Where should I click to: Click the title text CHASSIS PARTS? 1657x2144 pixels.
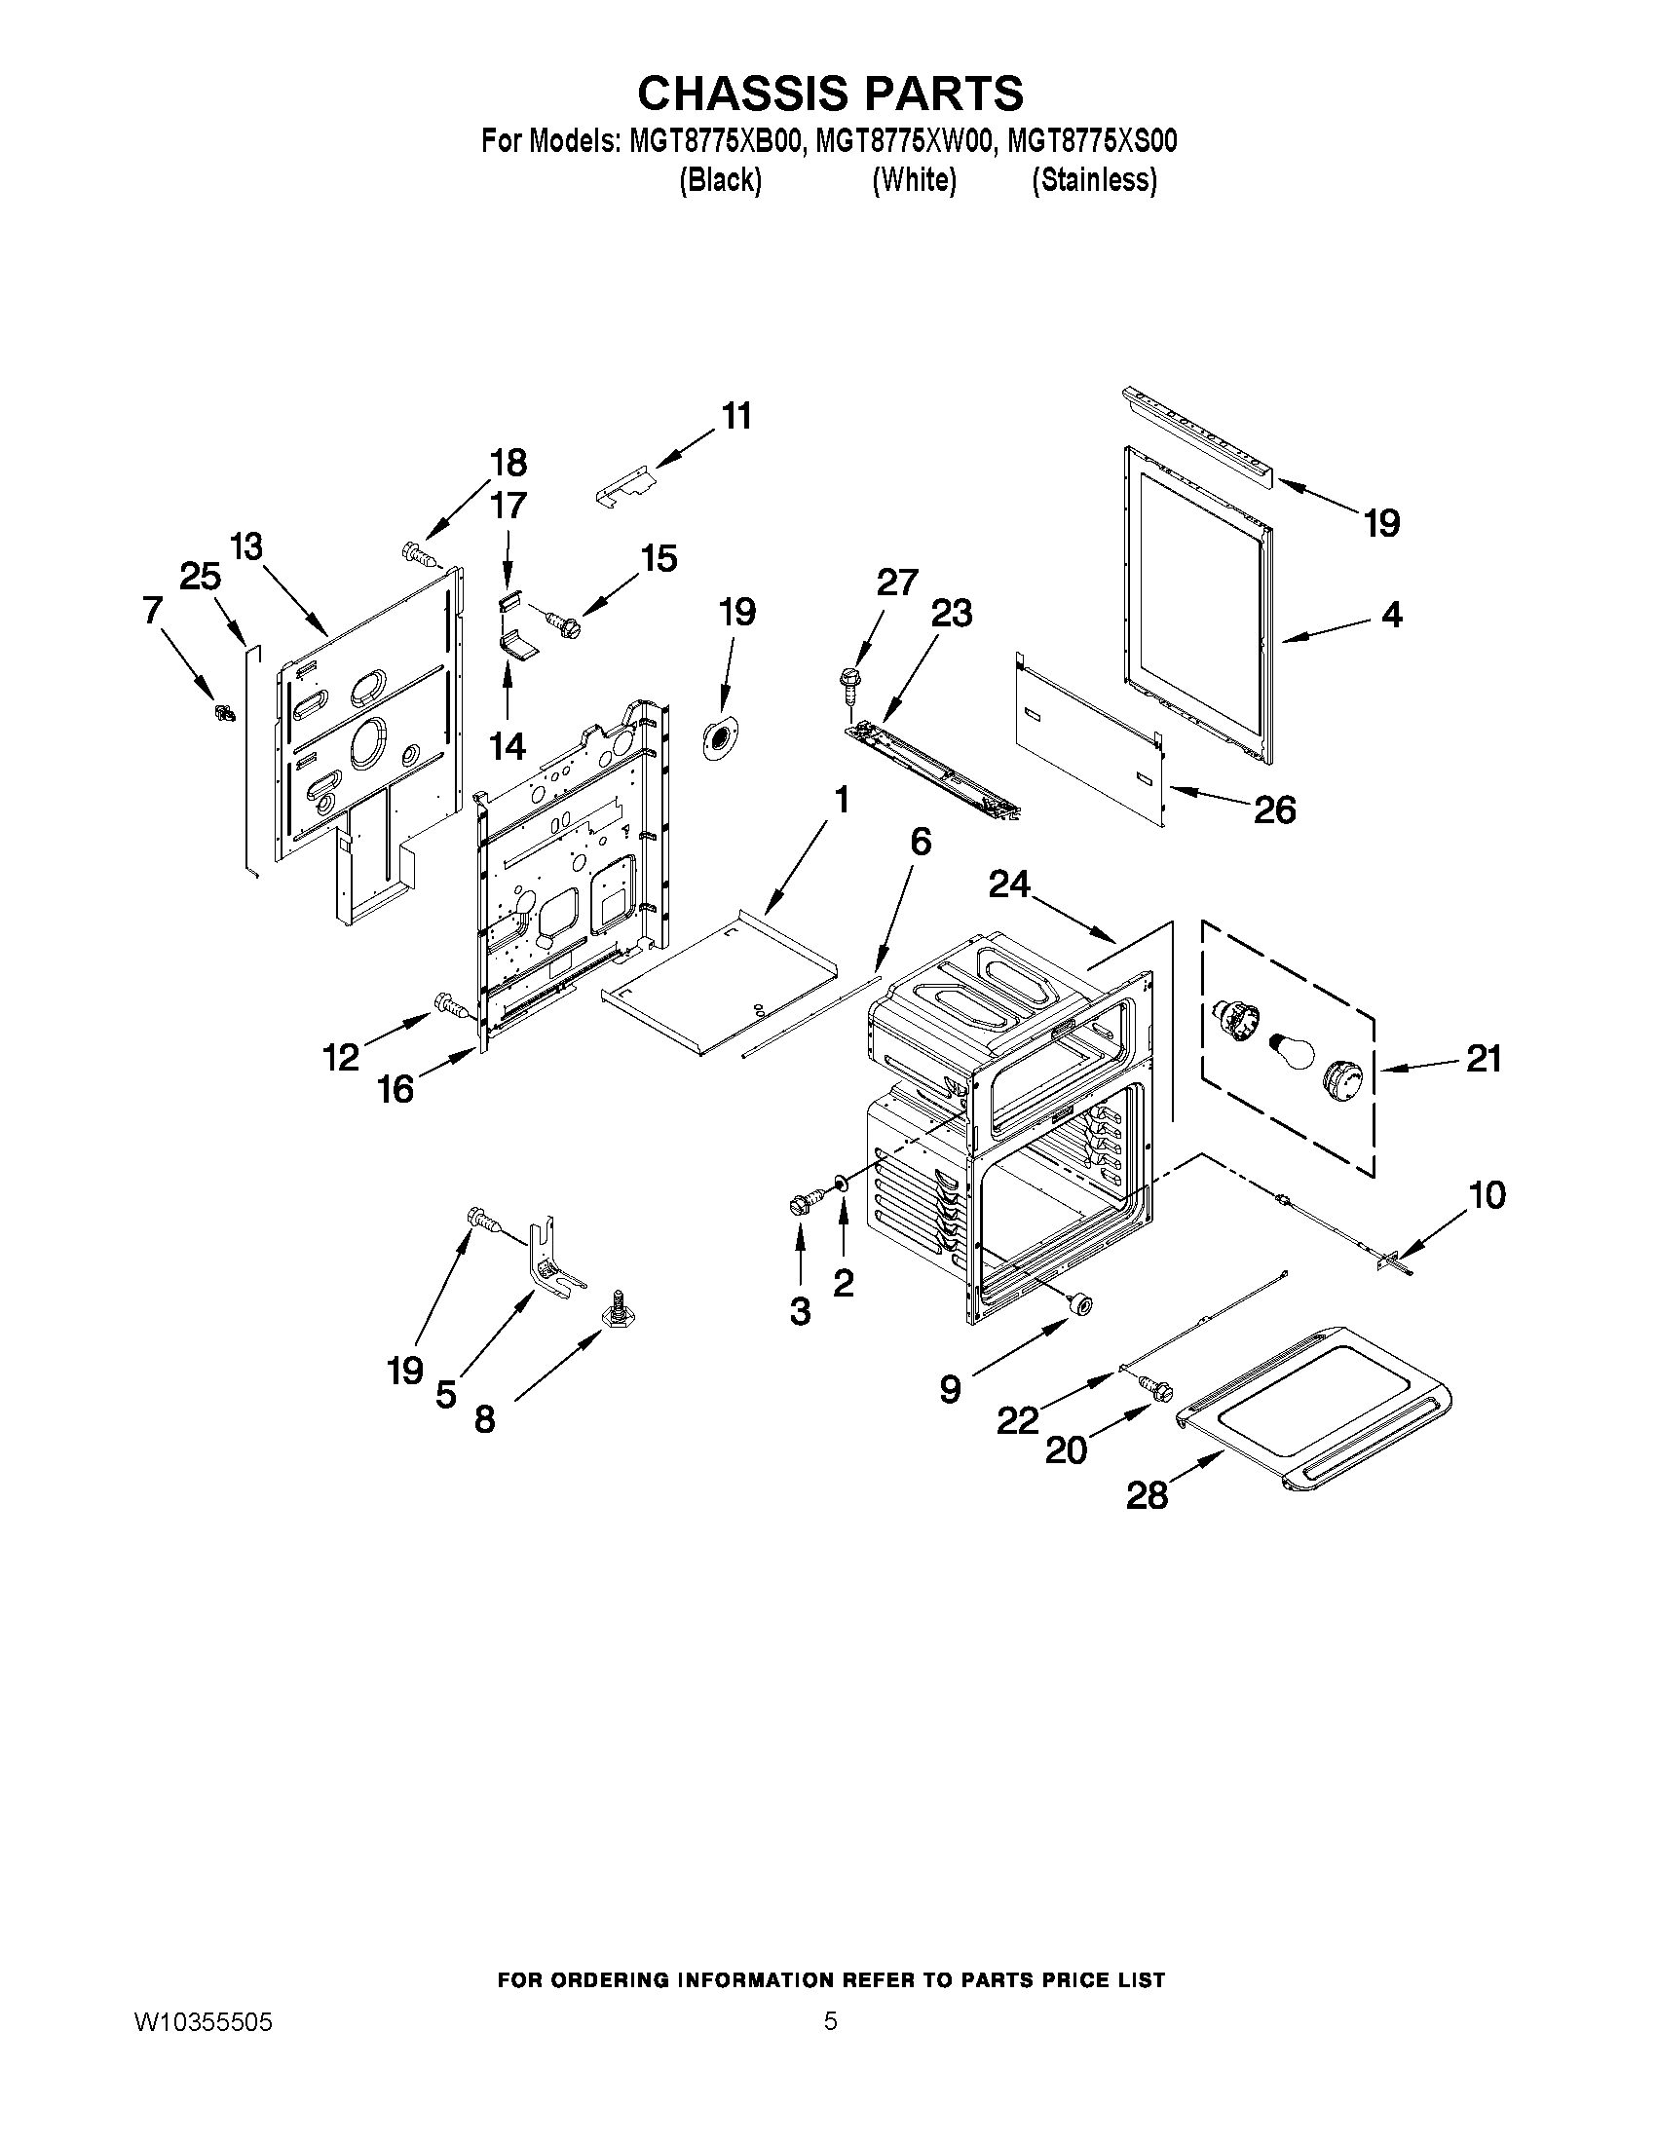(830, 94)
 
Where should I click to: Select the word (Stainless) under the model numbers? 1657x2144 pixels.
(1094, 180)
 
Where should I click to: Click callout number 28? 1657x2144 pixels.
(1146, 1494)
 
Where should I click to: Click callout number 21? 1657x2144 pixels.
(1483, 1058)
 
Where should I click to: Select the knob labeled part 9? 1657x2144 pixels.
(1080, 1303)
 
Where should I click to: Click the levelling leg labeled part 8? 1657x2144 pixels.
(618, 1308)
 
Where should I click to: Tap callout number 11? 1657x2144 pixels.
(736, 416)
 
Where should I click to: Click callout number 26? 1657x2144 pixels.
(1273, 809)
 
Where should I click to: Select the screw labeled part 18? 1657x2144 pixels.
(418, 555)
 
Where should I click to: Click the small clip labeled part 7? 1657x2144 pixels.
(224, 712)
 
